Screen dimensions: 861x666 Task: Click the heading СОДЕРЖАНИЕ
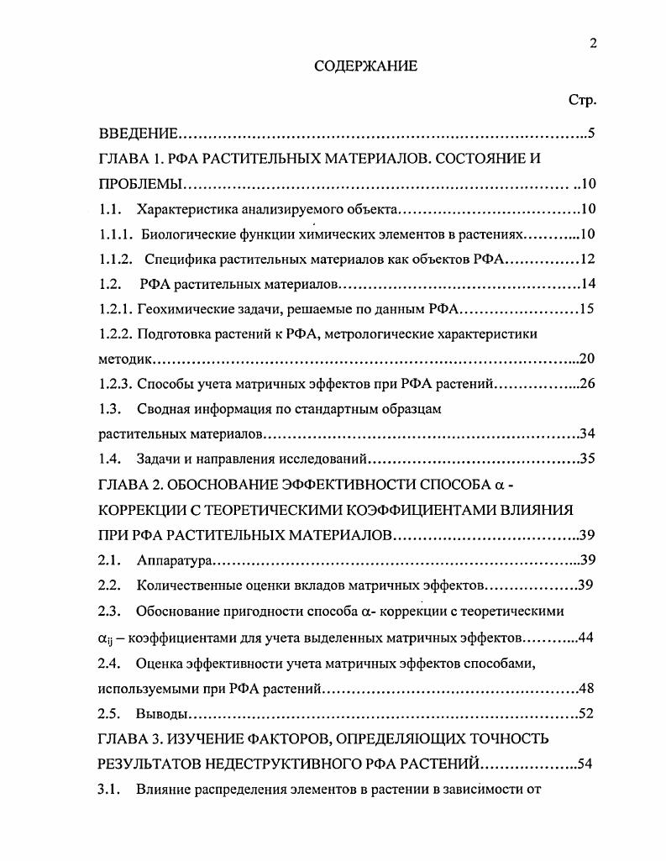click(x=365, y=66)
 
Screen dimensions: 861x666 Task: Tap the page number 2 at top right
click(x=592, y=45)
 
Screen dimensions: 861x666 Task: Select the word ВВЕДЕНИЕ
click(x=138, y=133)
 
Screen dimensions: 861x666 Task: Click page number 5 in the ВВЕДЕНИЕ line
click(x=591, y=133)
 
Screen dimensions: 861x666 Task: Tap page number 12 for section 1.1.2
click(x=587, y=259)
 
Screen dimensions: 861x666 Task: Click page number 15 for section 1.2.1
click(x=587, y=308)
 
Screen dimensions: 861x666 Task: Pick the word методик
click(x=123, y=359)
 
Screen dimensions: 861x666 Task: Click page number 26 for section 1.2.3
click(x=587, y=384)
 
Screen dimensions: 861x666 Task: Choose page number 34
click(x=587, y=433)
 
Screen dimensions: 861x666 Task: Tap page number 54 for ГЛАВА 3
click(x=586, y=764)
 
